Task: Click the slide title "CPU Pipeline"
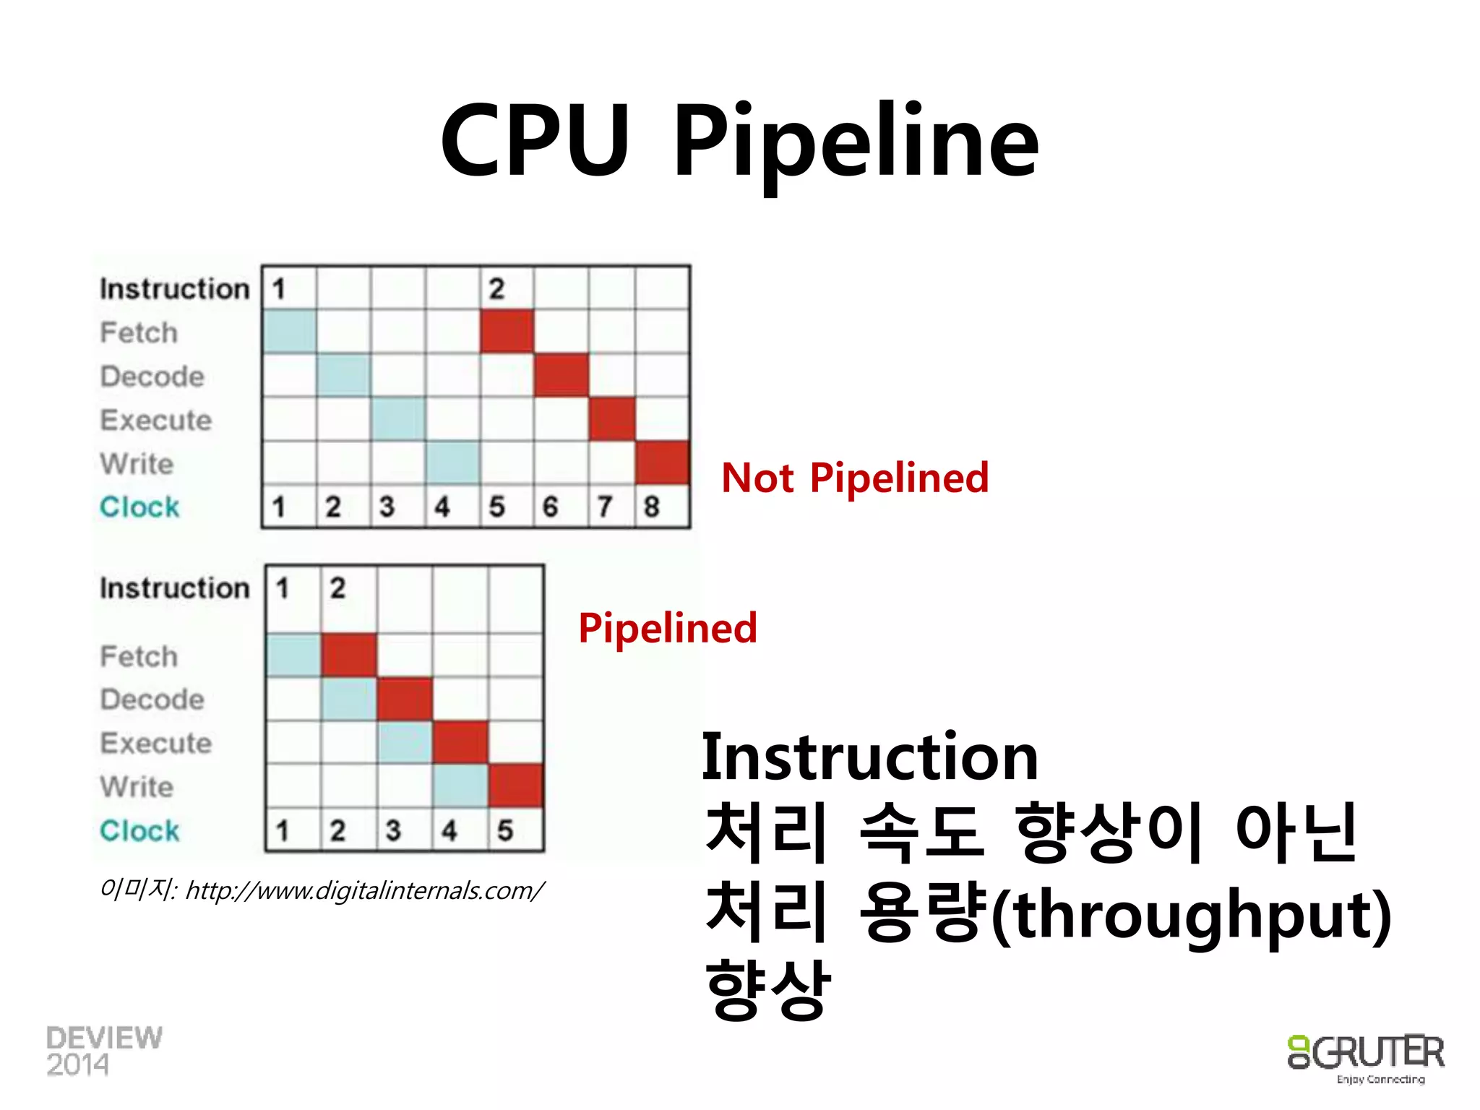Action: pyautogui.click(x=739, y=141)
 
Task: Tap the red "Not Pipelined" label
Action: pyautogui.click(x=855, y=478)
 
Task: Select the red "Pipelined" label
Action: pyautogui.click(x=668, y=627)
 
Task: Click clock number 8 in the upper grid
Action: pyautogui.click(x=652, y=507)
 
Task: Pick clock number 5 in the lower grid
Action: pyautogui.click(x=505, y=830)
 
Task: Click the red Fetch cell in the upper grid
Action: pyautogui.click(x=507, y=332)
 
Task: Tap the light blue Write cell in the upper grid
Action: pyautogui.click(x=452, y=462)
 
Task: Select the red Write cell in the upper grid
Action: pyautogui.click(x=663, y=462)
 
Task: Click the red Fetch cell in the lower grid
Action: pyautogui.click(x=349, y=655)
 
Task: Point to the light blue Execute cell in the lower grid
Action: pyautogui.click(x=405, y=742)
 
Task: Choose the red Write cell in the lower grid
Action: pyautogui.click(x=516, y=786)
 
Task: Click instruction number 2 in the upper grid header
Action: pyautogui.click(x=496, y=289)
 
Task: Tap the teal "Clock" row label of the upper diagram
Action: pyautogui.click(x=139, y=507)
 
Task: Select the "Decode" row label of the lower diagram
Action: pyautogui.click(x=152, y=700)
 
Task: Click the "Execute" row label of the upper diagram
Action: pyautogui.click(x=156, y=420)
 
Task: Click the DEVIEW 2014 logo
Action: pyautogui.click(x=103, y=1051)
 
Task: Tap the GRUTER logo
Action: pyautogui.click(x=1366, y=1057)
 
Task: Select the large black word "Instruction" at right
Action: pyautogui.click(x=870, y=757)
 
